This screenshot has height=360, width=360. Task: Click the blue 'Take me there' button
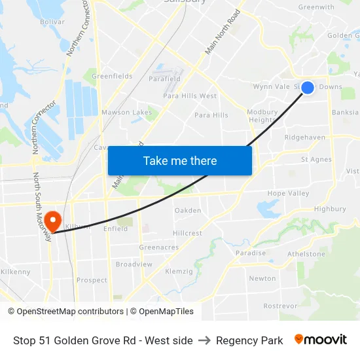[180, 160]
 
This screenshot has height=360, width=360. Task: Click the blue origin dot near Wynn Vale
[307, 88]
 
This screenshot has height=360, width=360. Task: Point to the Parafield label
[164, 79]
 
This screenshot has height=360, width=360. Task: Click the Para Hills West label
[190, 96]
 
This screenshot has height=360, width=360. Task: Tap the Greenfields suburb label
[112, 76]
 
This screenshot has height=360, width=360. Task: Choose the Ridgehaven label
[305, 137]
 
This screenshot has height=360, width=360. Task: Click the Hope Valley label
[288, 194]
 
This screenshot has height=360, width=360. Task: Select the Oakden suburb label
[188, 211]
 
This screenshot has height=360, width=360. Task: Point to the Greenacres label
[158, 247]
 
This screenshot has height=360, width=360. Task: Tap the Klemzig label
[179, 271]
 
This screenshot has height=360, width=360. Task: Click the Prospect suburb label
[92, 280]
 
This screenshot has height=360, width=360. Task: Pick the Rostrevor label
[280, 306]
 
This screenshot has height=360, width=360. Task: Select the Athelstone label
[306, 254]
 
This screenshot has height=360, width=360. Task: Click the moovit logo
[321, 340]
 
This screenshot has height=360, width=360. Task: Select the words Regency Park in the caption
[249, 340]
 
